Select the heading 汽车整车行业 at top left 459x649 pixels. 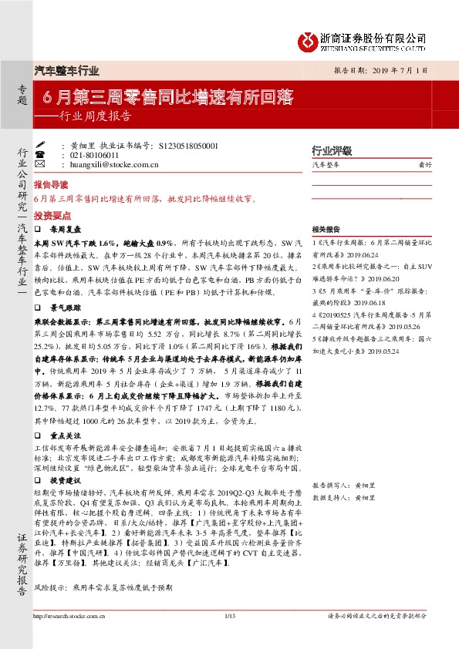pyautogui.click(x=68, y=71)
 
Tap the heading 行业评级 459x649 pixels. pyautogui.click(x=331, y=151)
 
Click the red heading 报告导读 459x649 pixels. pyautogui.click(x=50, y=186)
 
